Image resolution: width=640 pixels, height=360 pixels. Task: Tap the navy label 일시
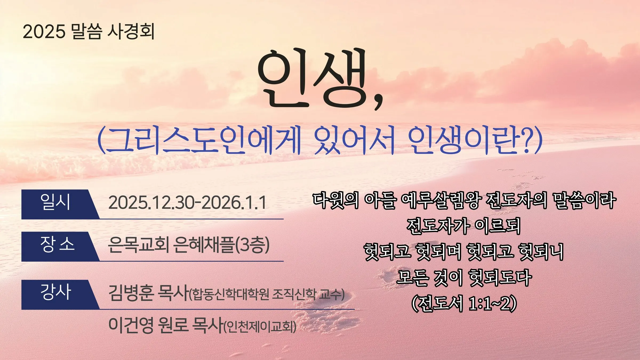(x=55, y=202)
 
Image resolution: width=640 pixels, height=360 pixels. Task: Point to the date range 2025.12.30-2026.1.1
(x=187, y=203)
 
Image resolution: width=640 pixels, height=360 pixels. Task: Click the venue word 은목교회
(x=138, y=245)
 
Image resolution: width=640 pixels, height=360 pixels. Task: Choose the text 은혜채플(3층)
(x=222, y=245)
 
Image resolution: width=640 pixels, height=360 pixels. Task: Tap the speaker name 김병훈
(x=131, y=293)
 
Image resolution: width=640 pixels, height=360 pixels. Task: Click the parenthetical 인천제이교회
(x=259, y=326)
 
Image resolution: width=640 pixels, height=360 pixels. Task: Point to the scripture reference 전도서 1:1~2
(x=464, y=303)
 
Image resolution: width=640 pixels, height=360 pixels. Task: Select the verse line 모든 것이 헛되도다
(x=464, y=278)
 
